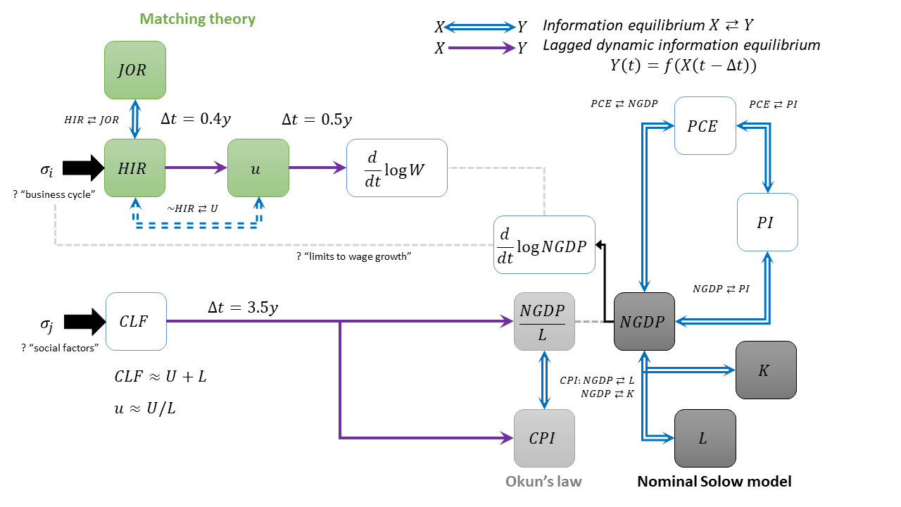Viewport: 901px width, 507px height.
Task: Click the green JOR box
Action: pyautogui.click(x=135, y=70)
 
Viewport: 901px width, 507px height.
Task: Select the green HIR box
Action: pyautogui.click(x=135, y=168)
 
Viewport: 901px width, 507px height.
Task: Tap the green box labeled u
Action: pyautogui.click(x=258, y=168)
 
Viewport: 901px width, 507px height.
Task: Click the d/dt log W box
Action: pyautogui.click(x=397, y=168)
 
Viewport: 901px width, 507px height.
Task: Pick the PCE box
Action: pyautogui.click(x=705, y=126)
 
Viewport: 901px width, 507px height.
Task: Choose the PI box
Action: pyautogui.click(x=767, y=222)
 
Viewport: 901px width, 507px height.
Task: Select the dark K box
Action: pyautogui.click(x=766, y=370)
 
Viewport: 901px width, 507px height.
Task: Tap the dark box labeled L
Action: pyautogui.click(x=705, y=438)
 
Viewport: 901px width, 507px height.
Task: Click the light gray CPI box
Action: pyautogui.click(x=544, y=438)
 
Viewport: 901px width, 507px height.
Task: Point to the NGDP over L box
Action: pyautogui.click(x=544, y=321)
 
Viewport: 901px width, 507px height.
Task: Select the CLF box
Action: pyautogui.click(x=135, y=321)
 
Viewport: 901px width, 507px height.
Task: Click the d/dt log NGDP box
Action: pyautogui.click(x=544, y=244)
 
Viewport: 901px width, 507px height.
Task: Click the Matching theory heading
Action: pyautogui.click(x=197, y=19)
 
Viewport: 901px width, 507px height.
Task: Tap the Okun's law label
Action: pyautogui.click(x=543, y=482)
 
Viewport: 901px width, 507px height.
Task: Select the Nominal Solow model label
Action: pyautogui.click(x=714, y=482)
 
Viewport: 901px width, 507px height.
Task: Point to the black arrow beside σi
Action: pyautogui.click(x=82, y=168)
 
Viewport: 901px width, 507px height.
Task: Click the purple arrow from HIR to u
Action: pyautogui.click(x=196, y=168)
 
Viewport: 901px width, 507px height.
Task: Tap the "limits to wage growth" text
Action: pyautogui.click(x=354, y=257)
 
